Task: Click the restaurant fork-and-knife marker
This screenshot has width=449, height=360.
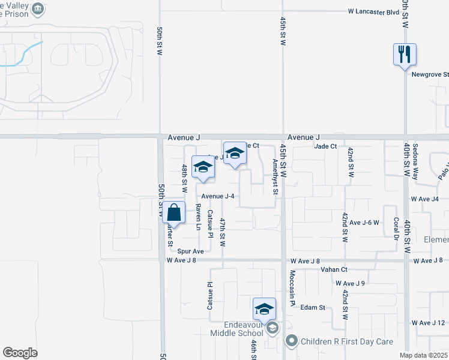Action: tap(405, 54)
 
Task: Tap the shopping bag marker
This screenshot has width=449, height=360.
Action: tap(173, 212)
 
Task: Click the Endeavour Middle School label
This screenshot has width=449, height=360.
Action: tap(237, 328)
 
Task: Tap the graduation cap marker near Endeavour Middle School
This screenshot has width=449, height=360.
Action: tap(264, 309)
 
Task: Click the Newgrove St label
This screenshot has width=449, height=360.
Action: tap(430, 74)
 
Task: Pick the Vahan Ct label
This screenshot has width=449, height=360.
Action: tap(335, 271)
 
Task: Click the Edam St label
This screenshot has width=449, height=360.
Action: tap(313, 307)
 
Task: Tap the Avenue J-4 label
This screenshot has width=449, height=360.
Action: tap(217, 196)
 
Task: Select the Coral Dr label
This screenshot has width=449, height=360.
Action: tap(396, 229)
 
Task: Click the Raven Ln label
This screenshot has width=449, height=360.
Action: tap(197, 217)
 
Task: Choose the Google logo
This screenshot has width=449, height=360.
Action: tap(20, 353)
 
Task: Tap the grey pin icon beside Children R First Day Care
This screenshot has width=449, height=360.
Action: tap(292, 341)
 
